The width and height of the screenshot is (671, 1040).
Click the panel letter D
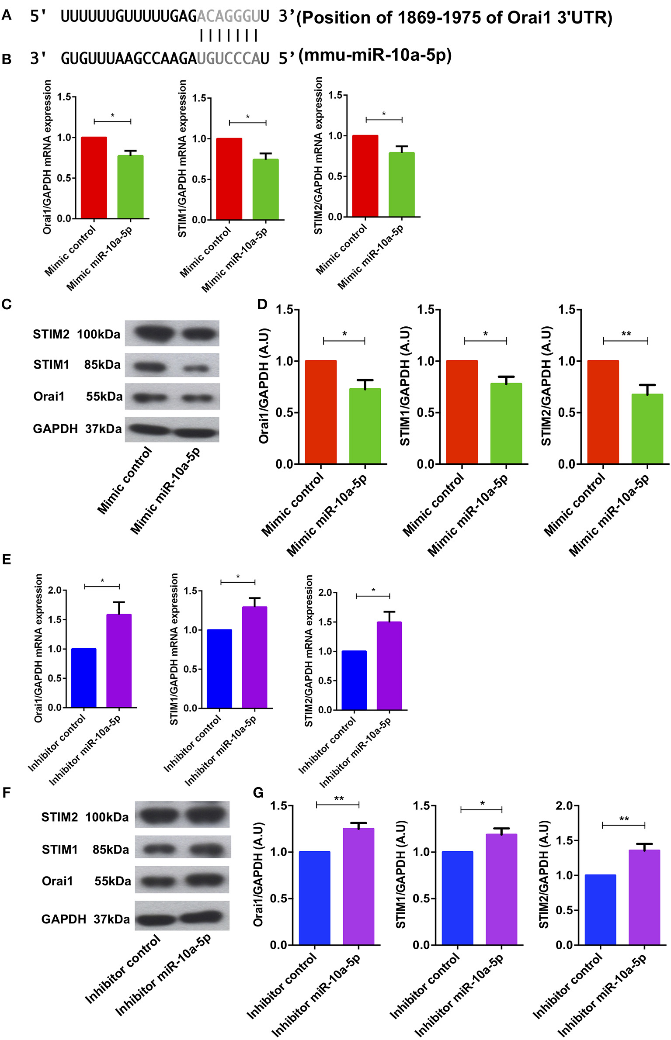[262, 304]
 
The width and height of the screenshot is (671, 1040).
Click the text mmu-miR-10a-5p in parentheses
[375, 55]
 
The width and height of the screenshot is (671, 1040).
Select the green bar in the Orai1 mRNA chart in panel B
[130, 187]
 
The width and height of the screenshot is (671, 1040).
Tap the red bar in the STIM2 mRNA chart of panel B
[365, 176]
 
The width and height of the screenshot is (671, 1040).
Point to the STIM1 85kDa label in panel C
[76, 365]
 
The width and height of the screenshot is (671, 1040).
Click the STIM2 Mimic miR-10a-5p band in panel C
[199, 334]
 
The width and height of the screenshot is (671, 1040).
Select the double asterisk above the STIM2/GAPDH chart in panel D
[626, 334]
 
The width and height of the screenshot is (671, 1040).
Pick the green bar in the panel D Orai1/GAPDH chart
[365, 426]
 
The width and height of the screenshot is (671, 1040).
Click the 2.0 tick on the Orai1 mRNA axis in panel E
[55, 590]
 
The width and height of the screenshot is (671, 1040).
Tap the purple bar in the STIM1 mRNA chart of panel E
[254, 657]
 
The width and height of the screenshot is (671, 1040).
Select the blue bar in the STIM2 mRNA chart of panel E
[354, 680]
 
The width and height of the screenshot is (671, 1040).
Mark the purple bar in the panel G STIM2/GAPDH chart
[644, 897]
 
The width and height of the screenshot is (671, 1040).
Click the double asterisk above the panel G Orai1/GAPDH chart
[339, 798]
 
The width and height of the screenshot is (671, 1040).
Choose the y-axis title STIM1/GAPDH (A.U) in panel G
[401, 874]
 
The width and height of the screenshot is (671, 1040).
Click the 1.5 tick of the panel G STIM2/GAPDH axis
[564, 840]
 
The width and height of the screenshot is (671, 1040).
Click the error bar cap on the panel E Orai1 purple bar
[119, 602]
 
